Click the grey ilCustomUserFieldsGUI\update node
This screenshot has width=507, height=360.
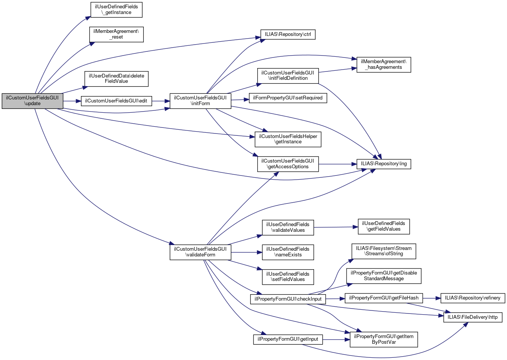point(32,101)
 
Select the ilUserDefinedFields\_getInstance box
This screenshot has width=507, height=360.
point(117,10)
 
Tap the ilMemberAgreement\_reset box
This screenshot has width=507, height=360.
point(117,34)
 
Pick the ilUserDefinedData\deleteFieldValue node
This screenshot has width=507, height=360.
point(117,79)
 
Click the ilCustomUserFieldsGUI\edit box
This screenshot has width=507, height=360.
point(116,101)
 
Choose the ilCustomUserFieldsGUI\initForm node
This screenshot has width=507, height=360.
point(200,101)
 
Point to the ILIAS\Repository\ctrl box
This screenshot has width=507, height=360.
point(288,34)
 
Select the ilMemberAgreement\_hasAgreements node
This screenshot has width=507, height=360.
point(384,65)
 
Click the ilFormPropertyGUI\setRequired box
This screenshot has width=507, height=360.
point(288,98)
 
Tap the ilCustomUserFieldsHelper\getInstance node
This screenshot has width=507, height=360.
point(288,139)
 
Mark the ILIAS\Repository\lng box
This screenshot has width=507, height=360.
point(384,164)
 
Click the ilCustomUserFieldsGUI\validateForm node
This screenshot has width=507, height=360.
point(200,252)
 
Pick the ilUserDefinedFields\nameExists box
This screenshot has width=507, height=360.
point(288,252)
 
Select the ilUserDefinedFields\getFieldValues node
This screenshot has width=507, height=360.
point(384,227)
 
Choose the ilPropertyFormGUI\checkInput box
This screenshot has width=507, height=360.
point(288,299)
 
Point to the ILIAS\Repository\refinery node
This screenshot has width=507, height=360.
point(473,298)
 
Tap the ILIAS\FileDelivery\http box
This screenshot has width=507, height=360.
point(473,317)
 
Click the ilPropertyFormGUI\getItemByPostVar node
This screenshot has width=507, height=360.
point(384,339)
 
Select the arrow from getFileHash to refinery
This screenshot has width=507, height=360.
point(432,298)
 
